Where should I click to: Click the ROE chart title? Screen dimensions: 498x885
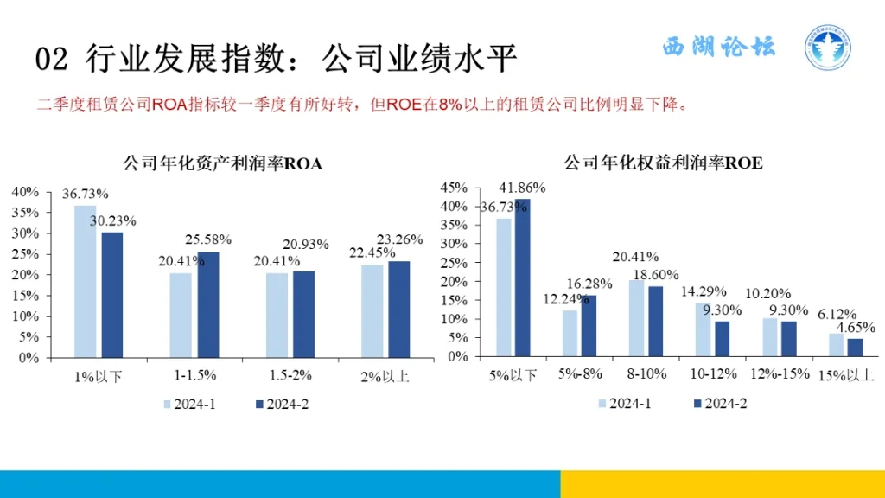click(x=663, y=163)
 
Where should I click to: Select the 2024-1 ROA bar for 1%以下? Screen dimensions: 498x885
click(x=85, y=281)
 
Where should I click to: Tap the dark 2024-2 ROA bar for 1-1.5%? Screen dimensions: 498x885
click(x=208, y=303)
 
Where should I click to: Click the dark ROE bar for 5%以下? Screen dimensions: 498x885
click(x=522, y=278)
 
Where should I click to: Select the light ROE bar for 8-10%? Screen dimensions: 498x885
click(x=638, y=318)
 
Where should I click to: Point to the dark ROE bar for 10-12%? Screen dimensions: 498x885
click(x=722, y=339)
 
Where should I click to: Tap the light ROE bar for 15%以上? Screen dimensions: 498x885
click(x=836, y=345)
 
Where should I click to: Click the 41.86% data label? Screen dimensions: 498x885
click(x=523, y=188)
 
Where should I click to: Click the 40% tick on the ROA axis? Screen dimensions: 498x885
click(x=26, y=191)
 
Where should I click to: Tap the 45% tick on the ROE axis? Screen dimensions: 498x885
click(x=455, y=188)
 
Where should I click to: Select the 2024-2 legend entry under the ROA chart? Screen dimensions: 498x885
click(x=282, y=404)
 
